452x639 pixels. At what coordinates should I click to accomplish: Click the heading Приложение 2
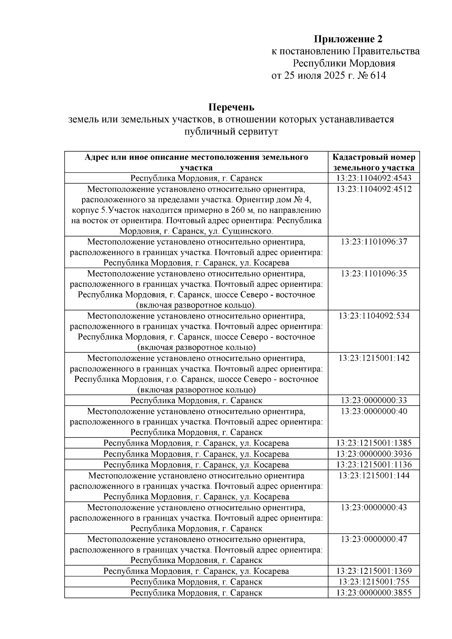[348, 39]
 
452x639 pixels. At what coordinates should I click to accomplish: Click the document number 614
[378, 75]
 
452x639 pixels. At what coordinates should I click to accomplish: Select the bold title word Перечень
[232, 107]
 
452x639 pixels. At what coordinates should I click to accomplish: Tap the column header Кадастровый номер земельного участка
[374, 162]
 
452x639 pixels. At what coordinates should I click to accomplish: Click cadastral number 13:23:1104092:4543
[374, 178]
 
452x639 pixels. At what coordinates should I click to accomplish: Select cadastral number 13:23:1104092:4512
[374, 189]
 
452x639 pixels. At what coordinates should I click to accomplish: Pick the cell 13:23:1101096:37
[374, 242]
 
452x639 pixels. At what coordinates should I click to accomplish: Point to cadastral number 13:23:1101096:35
[374, 273]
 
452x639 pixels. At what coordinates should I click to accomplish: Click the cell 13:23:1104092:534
[374, 316]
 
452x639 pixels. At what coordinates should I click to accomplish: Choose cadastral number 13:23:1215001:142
[374, 358]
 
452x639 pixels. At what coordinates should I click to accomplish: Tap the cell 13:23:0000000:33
[374, 400]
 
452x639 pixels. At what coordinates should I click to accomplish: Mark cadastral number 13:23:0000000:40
[374, 411]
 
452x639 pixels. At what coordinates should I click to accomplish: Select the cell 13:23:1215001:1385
[374, 443]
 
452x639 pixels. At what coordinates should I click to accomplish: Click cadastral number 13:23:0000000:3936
[374, 454]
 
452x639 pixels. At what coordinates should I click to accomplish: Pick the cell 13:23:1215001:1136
[374, 465]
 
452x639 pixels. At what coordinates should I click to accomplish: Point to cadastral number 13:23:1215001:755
[374, 582]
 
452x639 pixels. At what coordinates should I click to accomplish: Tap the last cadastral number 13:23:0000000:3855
[374, 593]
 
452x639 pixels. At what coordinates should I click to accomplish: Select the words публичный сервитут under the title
[231, 132]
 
